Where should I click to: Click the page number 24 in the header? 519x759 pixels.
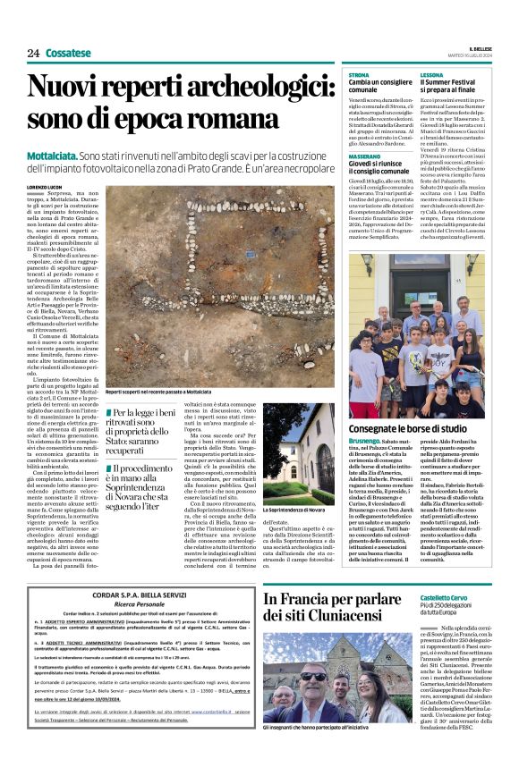[x=33, y=54]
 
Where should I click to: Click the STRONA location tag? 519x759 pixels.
[x=359, y=75]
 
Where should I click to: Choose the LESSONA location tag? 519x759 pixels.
[x=432, y=75]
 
